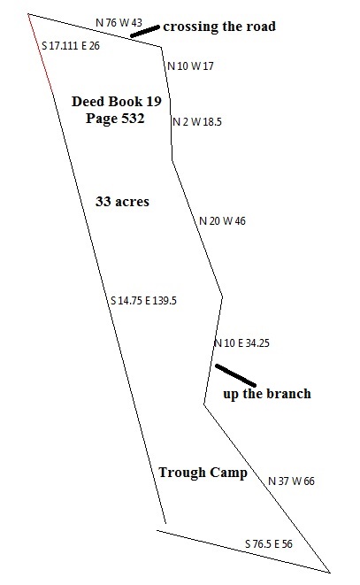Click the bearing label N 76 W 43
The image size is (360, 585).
click(x=119, y=23)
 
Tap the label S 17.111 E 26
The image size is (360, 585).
click(x=71, y=46)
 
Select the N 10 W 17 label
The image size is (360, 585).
click(x=191, y=66)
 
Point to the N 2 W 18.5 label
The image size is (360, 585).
click(x=197, y=121)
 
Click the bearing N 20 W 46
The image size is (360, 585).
click(x=222, y=221)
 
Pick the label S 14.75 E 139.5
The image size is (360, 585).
click(x=143, y=300)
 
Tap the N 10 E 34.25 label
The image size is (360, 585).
click(x=241, y=343)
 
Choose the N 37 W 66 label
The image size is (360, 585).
click(x=291, y=481)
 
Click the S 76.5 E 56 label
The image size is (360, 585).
click(x=269, y=544)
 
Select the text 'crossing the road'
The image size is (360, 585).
click(x=219, y=27)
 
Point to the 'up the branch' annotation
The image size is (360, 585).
click(x=267, y=394)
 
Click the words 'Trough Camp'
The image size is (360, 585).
click(x=203, y=473)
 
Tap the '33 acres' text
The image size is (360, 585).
click(x=122, y=202)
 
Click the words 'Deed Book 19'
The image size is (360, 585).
click(x=117, y=101)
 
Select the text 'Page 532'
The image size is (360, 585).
click(x=115, y=119)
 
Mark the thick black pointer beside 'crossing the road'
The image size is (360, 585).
click(x=145, y=31)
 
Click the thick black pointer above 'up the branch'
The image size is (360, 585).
click(x=236, y=375)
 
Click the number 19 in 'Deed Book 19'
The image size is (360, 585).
click(x=154, y=101)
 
